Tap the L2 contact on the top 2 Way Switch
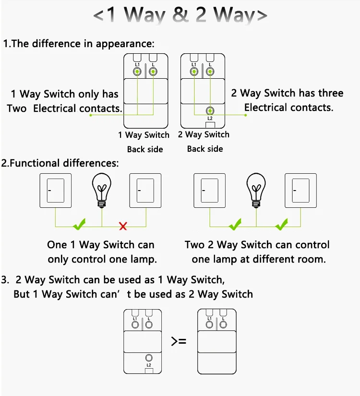(x=209, y=111)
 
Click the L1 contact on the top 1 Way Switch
(x=137, y=72)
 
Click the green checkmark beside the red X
(x=79, y=224)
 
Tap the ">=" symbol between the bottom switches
(x=179, y=342)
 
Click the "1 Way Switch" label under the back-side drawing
(x=144, y=135)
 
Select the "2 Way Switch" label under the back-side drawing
(x=204, y=134)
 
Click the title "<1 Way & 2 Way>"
(x=180, y=15)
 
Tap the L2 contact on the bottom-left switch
(x=149, y=358)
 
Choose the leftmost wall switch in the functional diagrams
(x=55, y=191)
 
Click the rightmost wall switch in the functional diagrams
(x=301, y=191)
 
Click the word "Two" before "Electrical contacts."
(x=17, y=108)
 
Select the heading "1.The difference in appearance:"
(x=79, y=44)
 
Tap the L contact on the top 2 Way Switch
(x=209, y=72)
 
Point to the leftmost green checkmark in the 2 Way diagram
(x=235, y=224)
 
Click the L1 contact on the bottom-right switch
(x=209, y=324)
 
